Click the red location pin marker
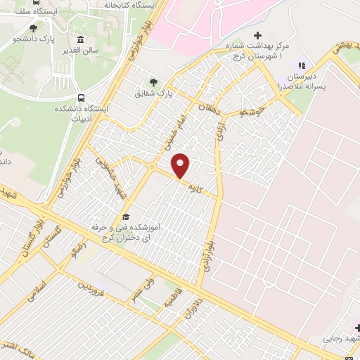(181, 165)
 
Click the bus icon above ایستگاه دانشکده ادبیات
(82, 98)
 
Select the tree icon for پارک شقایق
(154, 82)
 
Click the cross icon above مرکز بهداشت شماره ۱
(257, 35)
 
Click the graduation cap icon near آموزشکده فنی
(126, 217)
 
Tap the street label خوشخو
(250, 110)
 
